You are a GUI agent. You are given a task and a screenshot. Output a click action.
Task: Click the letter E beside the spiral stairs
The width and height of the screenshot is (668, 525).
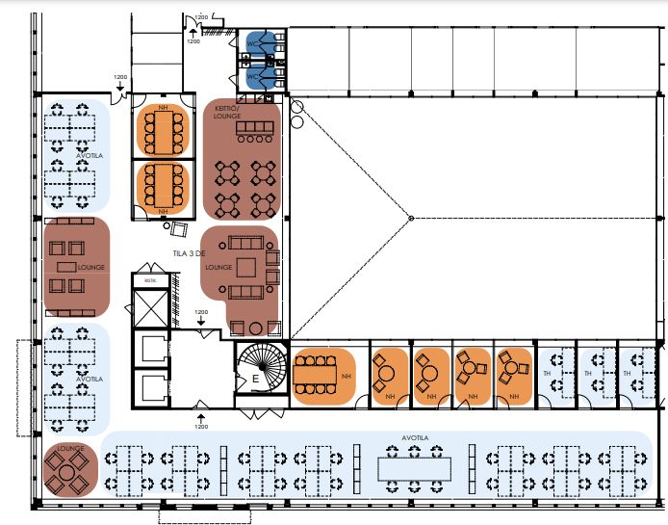tap(255, 378)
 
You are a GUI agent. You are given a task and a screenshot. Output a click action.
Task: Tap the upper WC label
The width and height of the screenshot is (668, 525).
tap(251, 44)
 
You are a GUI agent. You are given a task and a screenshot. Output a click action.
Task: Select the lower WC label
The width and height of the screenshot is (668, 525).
tap(251, 77)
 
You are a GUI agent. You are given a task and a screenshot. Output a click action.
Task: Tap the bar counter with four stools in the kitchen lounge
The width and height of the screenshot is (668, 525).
tap(254, 128)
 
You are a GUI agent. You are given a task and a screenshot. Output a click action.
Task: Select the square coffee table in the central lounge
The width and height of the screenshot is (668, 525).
tap(248, 266)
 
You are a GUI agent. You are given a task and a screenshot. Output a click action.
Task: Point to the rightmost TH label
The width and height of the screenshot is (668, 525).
tap(628, 374)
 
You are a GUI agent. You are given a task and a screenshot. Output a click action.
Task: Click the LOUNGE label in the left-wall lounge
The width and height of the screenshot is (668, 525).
tap(91, 267)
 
